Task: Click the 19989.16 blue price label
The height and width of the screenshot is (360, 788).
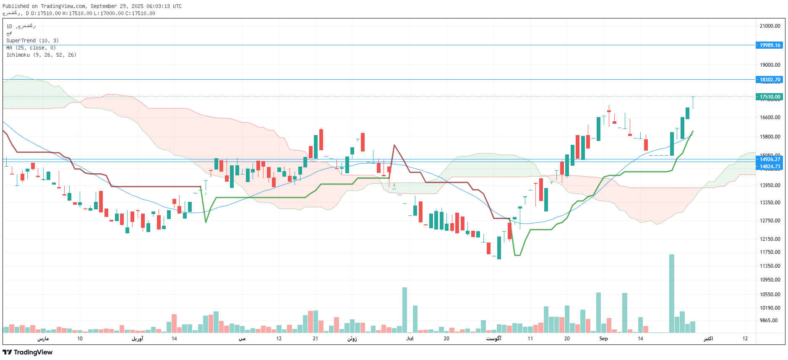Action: click(770, 45)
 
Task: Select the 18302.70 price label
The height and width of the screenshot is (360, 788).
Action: click(770, 80)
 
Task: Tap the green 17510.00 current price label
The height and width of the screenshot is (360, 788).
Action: click(770, 97)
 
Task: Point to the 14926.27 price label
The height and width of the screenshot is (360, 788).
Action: click(770, 159)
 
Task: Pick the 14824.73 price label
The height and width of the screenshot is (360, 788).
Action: click(770, 167)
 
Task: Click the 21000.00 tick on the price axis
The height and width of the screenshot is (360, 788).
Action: click(770, 26)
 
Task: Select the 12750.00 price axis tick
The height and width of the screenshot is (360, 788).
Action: click(770, 221)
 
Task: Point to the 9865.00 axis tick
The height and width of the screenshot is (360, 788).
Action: click(769, 321)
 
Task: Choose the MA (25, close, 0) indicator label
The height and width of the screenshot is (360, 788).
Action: click(31, 48)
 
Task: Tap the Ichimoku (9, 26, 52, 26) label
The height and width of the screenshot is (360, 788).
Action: click(41, 55)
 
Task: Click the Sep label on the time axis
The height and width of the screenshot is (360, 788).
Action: click(603, 339)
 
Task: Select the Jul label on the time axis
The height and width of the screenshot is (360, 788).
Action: click(410, 339)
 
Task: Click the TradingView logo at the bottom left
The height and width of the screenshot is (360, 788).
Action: click(28, 352)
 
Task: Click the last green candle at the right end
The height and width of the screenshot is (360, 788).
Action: click(688, 113)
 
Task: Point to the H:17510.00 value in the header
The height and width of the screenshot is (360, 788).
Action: click(77, 13)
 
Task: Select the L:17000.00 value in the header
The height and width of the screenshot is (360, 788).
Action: click(109, 13)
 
